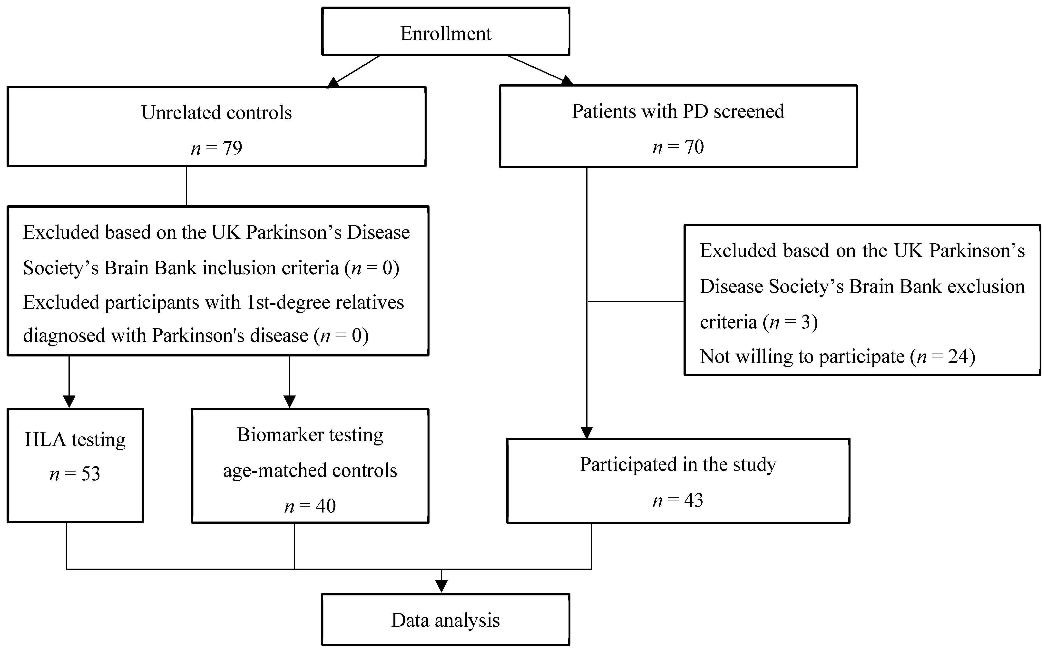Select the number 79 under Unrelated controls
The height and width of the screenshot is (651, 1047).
pos(232,148)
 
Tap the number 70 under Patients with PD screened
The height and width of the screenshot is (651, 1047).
pos(694,147)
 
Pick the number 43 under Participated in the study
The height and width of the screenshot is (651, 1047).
pos(693,500)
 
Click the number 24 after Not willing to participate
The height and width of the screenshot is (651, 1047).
pos(958,356)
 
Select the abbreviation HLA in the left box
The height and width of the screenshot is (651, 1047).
pos(45,440)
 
